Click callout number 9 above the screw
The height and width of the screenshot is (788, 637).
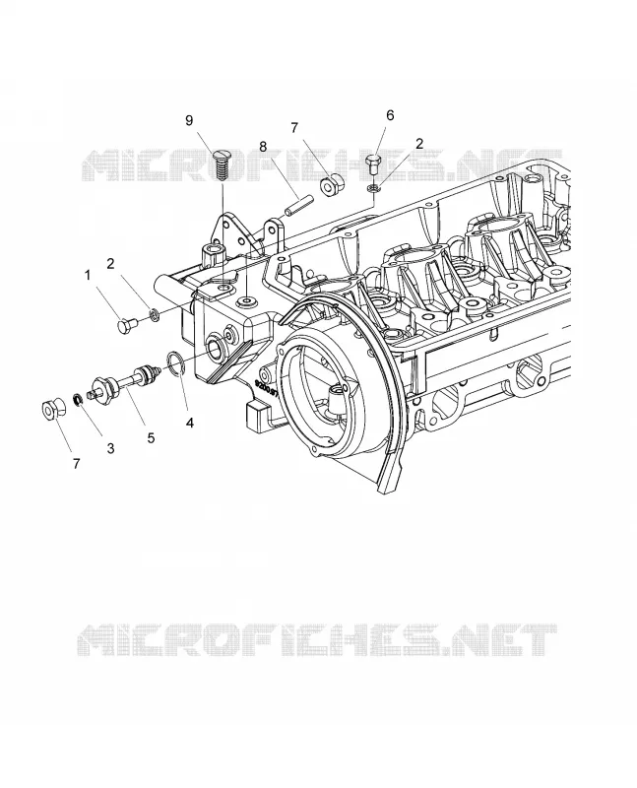189,120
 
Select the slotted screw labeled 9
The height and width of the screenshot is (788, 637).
222,165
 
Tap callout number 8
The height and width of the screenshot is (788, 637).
262,146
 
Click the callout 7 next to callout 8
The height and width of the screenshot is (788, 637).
294,128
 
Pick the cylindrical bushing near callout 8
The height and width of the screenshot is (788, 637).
332,184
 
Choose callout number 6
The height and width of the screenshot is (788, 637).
390,115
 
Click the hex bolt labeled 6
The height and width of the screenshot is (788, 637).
372,164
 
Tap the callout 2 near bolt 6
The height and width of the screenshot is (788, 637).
419,143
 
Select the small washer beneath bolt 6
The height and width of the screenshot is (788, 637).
373,188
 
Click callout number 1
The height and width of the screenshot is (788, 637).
89,275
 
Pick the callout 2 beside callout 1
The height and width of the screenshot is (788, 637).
111,263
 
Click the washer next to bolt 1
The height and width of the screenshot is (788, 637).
155,316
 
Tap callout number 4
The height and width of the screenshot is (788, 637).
189,423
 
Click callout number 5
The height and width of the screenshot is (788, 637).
151,437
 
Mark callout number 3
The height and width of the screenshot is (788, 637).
110,448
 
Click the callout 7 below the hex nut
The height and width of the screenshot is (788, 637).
76,463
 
